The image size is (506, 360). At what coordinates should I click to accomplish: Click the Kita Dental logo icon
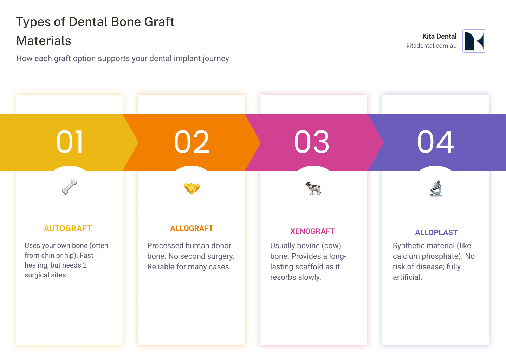[474, 41]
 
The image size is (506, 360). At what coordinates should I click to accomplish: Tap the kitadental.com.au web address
[431, 46]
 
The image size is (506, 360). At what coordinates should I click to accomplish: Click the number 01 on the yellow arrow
[70, 142]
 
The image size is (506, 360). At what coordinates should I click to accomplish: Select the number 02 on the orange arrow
[192, 142]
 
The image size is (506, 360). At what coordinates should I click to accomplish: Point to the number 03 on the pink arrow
[312, 142]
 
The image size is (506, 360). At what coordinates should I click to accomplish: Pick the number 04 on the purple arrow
[435, 142]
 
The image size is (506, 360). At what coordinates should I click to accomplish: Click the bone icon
[70, 187]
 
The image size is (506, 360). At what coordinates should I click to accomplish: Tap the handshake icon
[192, 188]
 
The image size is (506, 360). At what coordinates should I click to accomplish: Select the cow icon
[313, 188]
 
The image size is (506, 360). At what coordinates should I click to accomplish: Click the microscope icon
[436, 188]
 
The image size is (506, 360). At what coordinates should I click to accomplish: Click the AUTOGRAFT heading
[68, 229]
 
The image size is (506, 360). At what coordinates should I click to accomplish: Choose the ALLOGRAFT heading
[192, 229]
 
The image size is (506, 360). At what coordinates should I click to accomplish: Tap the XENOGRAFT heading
[312, 231]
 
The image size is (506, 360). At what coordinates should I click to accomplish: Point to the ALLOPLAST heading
[436, 233]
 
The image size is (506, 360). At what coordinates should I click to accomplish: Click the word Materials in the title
[44, 41]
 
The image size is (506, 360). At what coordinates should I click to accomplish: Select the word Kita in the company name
[428, 36]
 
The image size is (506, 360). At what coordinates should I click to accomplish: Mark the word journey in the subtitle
[214, 59]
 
